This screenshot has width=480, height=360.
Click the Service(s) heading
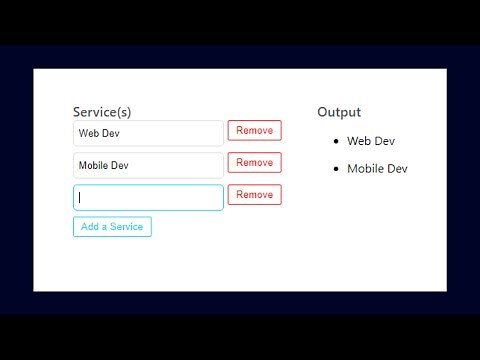pyautogui.click(x=102, y=112)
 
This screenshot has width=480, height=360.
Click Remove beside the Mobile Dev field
pyautogui.click(x=254, y=162)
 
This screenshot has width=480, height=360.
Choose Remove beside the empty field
pyautogui.click(x=254, y=194)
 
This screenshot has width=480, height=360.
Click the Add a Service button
pyautogui.click(x=112, y=226)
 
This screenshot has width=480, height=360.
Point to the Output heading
pyautogui.click(x=339, y=112)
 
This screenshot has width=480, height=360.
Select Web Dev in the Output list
pyautogui.click(x=370, y=141)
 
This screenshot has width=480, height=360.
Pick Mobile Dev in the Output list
pyautogui.click(x=377, y=168)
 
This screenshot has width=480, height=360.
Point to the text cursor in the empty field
pyautogui.click(x=80, y=197)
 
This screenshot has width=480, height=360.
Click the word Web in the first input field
pyautogui.click(x=88, y=133)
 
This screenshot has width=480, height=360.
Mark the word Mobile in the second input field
pyautogui.click(x=93, y=165)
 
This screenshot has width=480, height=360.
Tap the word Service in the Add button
pyautogui.click(x=126, y=226)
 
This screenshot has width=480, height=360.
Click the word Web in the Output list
pyautogui.click(x=359, y=141)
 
